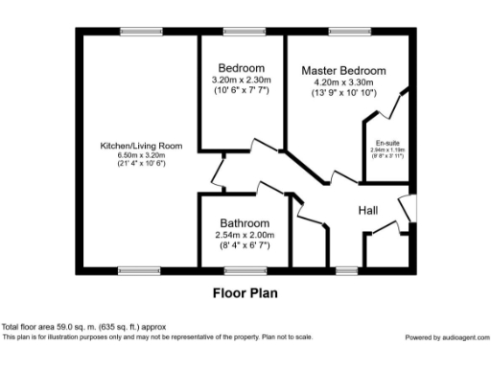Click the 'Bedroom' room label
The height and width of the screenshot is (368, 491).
pos(241,68)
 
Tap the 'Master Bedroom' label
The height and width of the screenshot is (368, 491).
pos(343,71)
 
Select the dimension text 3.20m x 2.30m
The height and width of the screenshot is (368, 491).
pos(241,80)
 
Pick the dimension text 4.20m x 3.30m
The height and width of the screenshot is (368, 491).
pos(343,83)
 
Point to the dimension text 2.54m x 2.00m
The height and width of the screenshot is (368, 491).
pos(245,234)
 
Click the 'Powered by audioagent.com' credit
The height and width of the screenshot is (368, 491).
pos(446,337)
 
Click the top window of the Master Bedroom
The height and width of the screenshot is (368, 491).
pos(345,32)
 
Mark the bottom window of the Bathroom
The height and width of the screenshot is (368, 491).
pos(238,271)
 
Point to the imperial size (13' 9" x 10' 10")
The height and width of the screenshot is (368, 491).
pos(343,94)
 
